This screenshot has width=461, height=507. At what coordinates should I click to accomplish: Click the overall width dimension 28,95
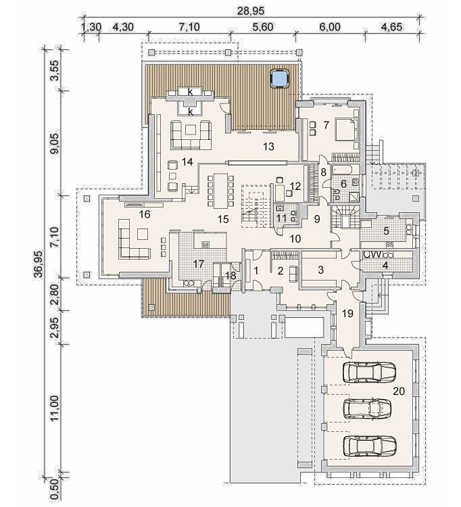pos(251,11)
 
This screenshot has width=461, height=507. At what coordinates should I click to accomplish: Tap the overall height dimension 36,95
pos(40,264)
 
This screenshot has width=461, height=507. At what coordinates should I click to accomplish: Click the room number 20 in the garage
pos(399,391)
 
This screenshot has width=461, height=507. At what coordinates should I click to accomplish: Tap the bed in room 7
pos(347,130)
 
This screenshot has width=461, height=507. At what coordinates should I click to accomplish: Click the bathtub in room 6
pos(345,169)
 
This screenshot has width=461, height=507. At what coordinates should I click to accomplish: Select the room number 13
pos(268,147)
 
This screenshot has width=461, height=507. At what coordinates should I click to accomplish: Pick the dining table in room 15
pos(221,191)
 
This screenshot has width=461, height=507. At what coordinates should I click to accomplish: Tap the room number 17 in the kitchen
pos(199,264)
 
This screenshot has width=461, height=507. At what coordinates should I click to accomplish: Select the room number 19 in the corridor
pos(348,313)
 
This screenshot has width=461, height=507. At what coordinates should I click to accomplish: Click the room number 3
pos(320,270)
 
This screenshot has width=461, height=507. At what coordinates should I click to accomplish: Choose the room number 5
pos(386,231)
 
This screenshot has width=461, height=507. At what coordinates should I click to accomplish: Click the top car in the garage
pos(369,372)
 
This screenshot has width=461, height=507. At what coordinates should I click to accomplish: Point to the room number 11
pos(282,218)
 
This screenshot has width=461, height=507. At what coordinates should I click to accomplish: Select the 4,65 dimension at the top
pos(391,26)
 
